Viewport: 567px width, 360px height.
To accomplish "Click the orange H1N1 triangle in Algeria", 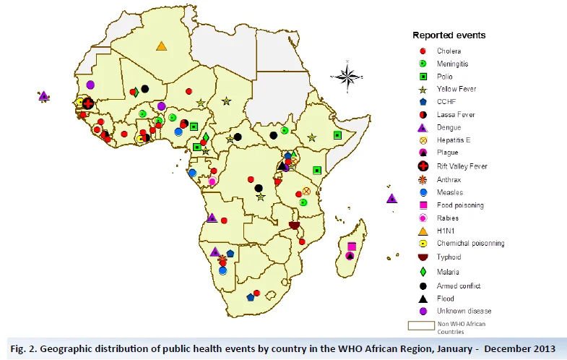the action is [161, 46].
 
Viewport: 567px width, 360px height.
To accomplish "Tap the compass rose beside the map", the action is [347, 77].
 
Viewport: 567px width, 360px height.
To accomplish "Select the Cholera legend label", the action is [449, 51].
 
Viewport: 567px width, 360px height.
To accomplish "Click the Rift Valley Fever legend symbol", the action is [423, 166].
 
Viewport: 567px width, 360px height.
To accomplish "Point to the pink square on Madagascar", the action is [352, 247].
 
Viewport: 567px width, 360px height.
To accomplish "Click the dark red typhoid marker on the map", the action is [295, 226].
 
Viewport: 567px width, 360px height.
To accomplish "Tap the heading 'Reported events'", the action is [449, 35].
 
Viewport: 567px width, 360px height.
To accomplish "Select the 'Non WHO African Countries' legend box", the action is [421, 325].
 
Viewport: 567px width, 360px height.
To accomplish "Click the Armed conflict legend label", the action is [459, 286].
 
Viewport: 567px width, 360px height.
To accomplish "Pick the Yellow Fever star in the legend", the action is [423, 90].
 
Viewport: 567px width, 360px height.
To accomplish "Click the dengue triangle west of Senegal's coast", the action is [44, 96].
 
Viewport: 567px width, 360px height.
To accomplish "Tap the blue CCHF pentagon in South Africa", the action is [250, 297].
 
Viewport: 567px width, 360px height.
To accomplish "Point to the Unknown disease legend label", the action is [464, 311].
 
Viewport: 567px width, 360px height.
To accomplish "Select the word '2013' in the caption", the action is [543, 348].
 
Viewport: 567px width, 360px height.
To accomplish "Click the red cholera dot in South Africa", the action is [256, 293].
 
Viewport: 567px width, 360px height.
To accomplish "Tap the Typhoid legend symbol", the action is [423, 257].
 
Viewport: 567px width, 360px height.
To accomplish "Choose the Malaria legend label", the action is [448, 272].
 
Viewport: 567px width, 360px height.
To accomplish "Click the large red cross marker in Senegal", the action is [88, 103].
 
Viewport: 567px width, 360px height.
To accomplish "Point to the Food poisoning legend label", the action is [460, 205].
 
